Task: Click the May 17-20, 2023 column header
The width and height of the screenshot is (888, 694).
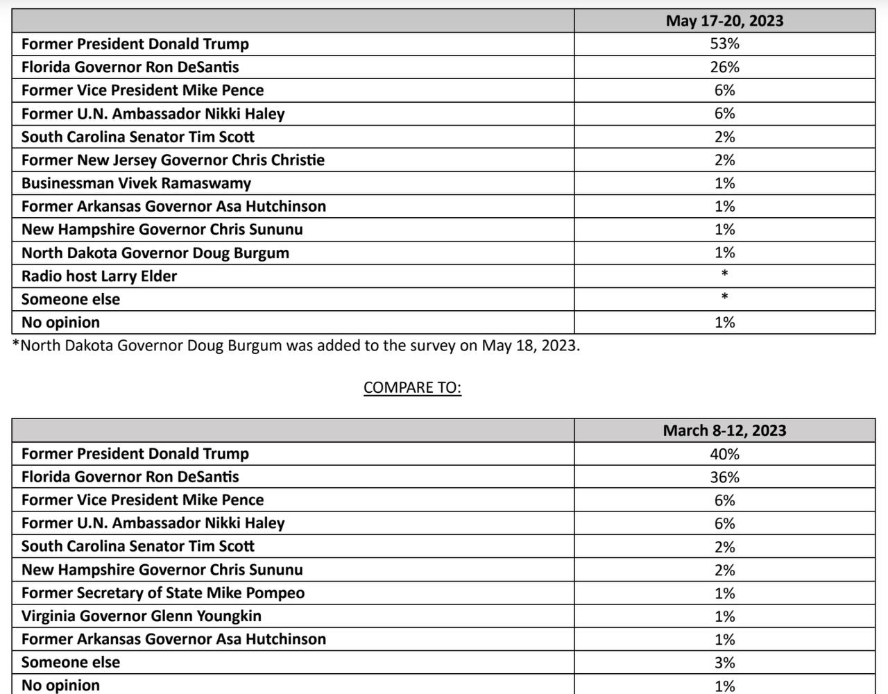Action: (x=724, y=21)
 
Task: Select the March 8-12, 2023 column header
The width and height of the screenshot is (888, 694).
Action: (x=724, y=430)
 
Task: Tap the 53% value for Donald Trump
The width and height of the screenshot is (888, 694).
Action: (x=724, y=44)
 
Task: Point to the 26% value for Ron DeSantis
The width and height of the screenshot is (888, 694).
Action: (x=724, y=67)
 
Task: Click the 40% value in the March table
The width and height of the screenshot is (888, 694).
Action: (x=724, y=454)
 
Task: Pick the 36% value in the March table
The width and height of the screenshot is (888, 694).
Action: (x=724, y=477)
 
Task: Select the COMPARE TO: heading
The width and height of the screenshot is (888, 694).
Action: (x=412, y=387)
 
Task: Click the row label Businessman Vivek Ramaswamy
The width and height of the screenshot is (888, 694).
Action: (x=136, y=183)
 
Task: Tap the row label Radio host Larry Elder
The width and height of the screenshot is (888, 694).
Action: (x=99, y=276)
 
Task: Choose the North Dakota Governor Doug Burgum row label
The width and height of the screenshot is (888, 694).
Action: (x=155, y=253)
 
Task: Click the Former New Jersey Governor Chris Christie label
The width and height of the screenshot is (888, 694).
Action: (x=173, y=160)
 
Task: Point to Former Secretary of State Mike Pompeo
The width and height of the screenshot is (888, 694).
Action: (x=163, y=593)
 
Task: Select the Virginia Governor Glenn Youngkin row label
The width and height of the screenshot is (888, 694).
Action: (x=142, y=616)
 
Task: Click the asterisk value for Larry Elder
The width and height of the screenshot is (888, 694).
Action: (x=724, y=274)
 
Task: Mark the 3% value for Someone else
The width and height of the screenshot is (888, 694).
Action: (x=724, y=663)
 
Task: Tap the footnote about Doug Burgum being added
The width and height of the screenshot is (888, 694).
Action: (x=296, y=346)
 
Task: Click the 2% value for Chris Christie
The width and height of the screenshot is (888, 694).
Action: (x=724, y=160)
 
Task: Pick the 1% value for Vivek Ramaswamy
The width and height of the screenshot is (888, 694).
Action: (x=724, y=183)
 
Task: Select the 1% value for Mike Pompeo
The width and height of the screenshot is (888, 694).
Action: (x=724, y=593)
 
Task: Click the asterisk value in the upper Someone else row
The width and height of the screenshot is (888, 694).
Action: (x=724, y=298)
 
